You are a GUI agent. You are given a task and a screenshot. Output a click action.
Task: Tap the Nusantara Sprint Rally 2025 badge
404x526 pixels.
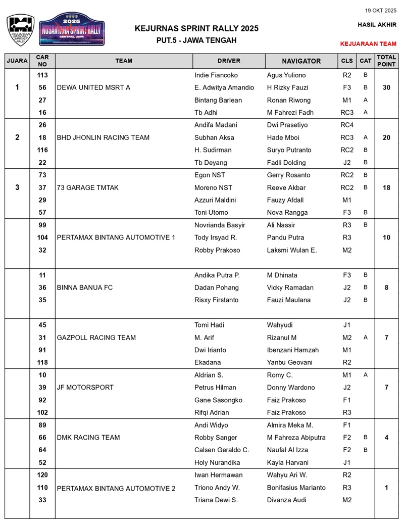(x=72, y=29)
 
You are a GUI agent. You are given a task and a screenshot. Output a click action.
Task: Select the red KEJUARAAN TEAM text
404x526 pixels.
(x=368, y=44)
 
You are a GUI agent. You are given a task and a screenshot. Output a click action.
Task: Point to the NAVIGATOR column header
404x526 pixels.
(x=301, y=61)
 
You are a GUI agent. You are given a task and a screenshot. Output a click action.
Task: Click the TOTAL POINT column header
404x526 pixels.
(x=386, y=61)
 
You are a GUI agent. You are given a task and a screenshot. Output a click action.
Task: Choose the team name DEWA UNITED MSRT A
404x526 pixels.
(x=93, y=87)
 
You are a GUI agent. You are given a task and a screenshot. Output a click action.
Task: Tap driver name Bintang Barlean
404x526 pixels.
(x=218, y=100)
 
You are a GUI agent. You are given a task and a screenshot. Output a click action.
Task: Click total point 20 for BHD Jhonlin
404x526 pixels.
(x=386, y=137)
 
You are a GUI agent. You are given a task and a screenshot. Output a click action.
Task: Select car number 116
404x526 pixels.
(x=42, y=150)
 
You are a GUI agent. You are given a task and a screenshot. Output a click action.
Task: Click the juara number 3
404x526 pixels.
(x=17, y=187)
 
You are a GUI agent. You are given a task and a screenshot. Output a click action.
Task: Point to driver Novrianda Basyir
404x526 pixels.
(x=220, y=225)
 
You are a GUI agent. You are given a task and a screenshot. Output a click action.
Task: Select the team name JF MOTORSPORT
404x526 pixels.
(x=85, y=388)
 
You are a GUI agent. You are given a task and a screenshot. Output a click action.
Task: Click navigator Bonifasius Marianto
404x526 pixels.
(x=296, y=488)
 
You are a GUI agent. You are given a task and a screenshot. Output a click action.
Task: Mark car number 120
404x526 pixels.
(x=42, y=475)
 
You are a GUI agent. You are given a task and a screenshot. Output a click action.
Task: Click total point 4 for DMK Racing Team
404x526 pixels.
(x=386, y=438)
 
